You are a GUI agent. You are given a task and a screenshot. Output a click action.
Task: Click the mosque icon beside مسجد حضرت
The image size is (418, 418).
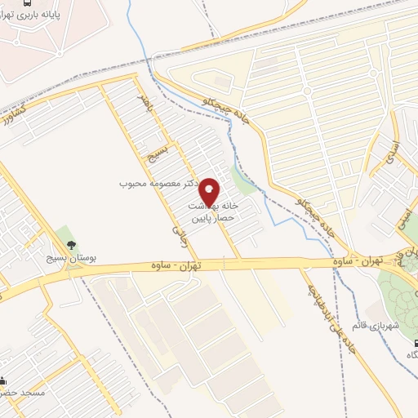[x=2, y=380]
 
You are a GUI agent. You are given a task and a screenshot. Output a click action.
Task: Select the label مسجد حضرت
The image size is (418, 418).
[x=24, y=393]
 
